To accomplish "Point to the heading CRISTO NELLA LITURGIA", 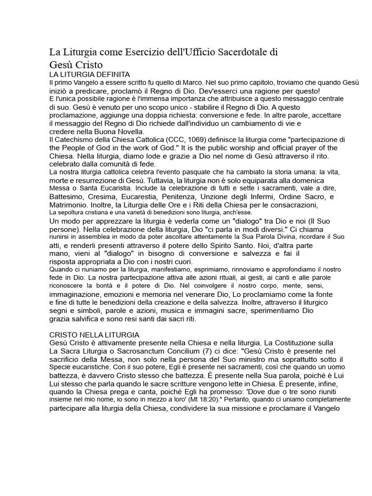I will coord(94,335).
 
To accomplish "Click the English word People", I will coord(75,148).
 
